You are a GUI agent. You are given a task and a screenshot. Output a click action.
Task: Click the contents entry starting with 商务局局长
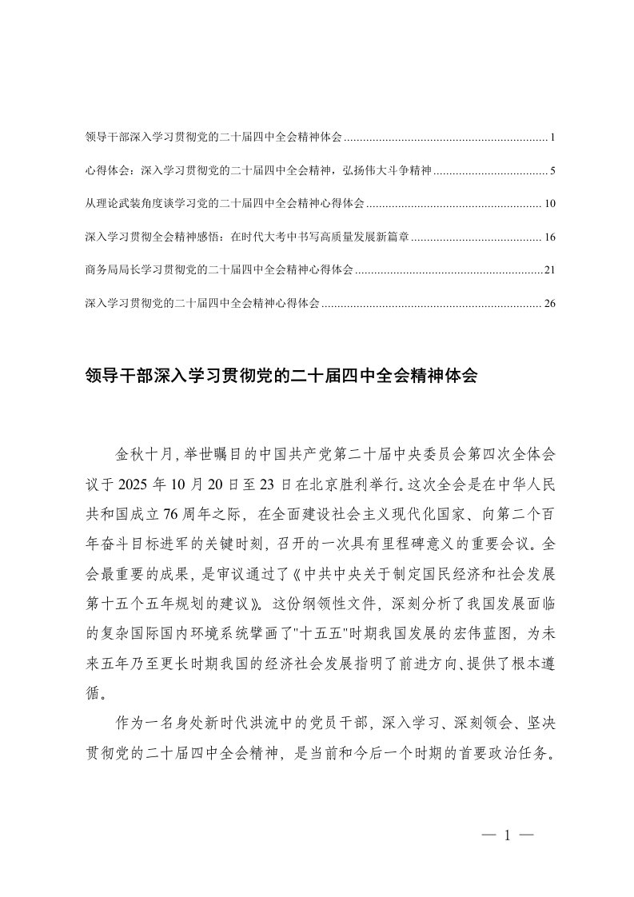click(217, 270)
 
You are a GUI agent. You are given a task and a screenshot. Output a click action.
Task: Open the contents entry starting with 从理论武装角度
click(224, 204)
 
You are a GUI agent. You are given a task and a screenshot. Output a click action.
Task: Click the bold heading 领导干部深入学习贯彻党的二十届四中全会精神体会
click(280, 377)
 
